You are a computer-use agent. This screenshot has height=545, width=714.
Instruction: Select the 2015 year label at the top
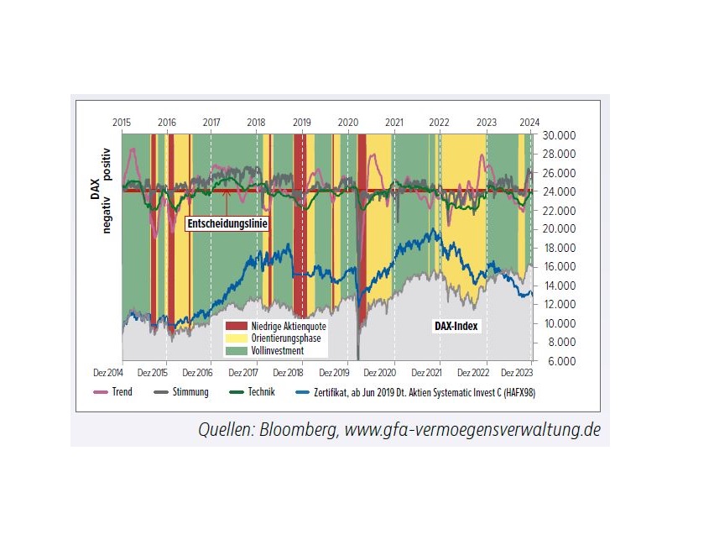[122, 123]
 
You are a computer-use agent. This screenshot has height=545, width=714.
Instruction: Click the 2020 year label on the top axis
[348, 123]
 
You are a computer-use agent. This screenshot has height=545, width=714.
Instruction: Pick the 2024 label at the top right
[530, 123]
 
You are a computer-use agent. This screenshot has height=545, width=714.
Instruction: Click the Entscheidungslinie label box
[226, 224]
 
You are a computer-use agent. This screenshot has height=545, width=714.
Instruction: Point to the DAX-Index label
[456, 325]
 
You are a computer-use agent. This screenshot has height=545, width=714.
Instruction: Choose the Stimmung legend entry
[186, 391]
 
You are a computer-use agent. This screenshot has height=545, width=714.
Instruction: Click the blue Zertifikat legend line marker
[305, 392]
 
